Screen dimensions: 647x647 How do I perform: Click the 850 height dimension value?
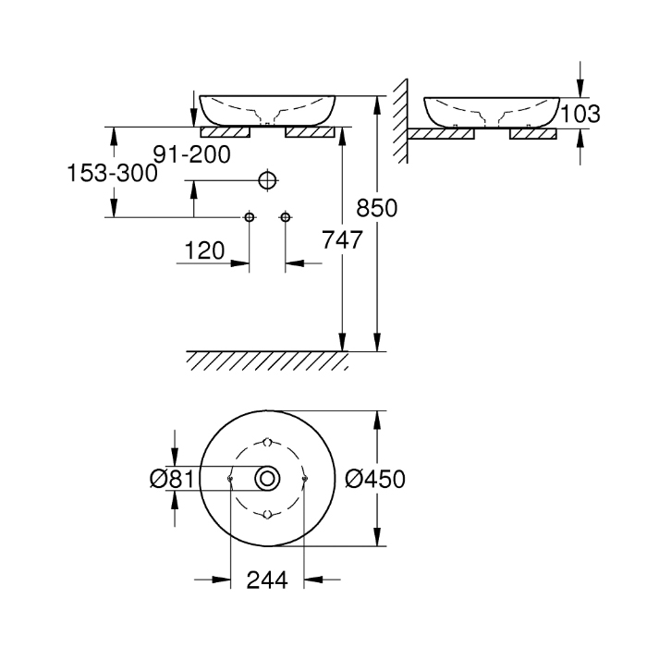(378, 209)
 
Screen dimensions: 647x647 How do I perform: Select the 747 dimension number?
(340, 238)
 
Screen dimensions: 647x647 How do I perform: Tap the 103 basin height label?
(580, 114)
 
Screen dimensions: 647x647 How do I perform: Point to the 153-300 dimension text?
(109, 172)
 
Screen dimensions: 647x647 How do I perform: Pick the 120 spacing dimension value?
(205, 250)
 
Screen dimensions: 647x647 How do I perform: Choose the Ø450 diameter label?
(375, 479)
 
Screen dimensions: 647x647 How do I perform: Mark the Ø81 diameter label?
(170, 479)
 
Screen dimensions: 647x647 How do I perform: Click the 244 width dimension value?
(267, 580)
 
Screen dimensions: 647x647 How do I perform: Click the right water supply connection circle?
(285, 217)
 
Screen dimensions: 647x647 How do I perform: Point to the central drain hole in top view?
(268, 478)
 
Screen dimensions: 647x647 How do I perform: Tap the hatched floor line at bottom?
(268, 359)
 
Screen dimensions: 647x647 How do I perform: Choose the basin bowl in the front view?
(267, 108)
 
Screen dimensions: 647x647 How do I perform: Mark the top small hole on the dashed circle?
(268, 440)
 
